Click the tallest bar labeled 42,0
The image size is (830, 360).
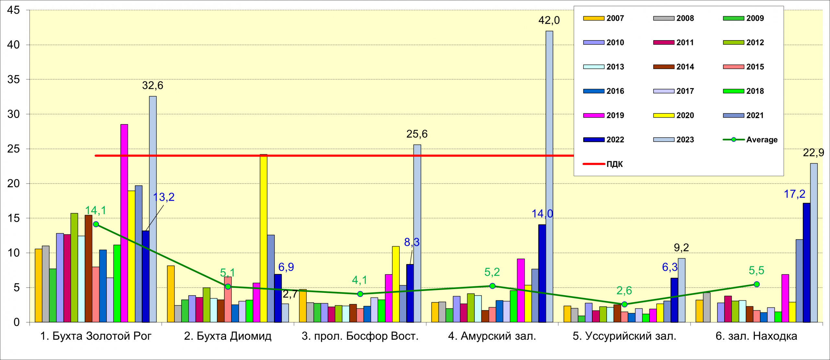[x=549, y=177]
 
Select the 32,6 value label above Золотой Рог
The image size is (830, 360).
[x=152, y=86]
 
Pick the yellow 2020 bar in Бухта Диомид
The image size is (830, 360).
[x=264, y=238]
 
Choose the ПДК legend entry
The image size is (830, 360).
[x=603, y=164]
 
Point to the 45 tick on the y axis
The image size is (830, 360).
[x=14, y=10]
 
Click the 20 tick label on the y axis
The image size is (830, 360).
[x=14, y=184]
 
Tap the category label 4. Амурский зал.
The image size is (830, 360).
[x=492, y=336]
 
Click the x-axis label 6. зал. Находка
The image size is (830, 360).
[x=756, y=336]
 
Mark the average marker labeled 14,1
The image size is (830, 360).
[x=96, y=224]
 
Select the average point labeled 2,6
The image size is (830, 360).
[x=624, y=304]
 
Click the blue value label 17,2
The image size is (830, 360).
[x=794, y=194]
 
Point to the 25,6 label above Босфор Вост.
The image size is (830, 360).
[x=417, y=134]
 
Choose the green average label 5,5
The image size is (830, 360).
[x=756, y=270]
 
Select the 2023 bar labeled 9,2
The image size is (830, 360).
[x=682, y=290]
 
